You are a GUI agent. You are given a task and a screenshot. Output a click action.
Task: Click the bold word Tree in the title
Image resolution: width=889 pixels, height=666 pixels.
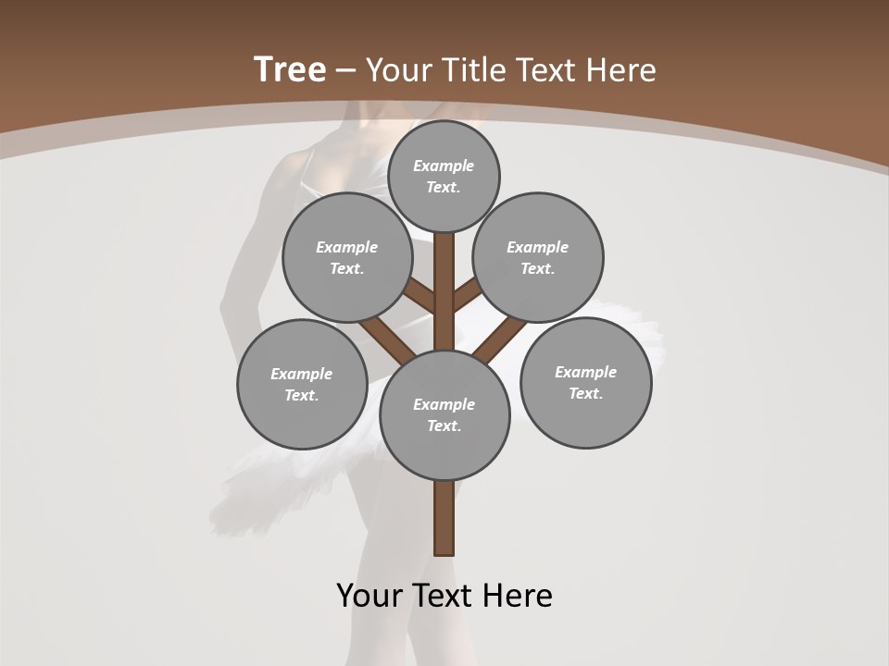click(x=290, y=69)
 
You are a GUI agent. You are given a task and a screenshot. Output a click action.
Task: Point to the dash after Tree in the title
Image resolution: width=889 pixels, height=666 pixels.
click(x=346, y=71)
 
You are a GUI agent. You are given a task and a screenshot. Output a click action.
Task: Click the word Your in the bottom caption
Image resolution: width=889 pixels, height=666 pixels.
click(x=369, y=596)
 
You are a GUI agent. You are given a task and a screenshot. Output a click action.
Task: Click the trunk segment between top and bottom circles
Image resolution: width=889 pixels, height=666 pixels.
click(x=444, y=291)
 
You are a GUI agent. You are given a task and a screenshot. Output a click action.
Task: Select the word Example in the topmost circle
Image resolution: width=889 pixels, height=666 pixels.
click(x=444, y=166)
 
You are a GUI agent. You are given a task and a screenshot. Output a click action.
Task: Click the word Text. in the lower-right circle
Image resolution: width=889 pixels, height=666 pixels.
click(x=585, y=393)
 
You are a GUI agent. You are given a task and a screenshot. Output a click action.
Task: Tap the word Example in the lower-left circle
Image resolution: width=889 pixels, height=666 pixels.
click(x=301, y=374)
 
